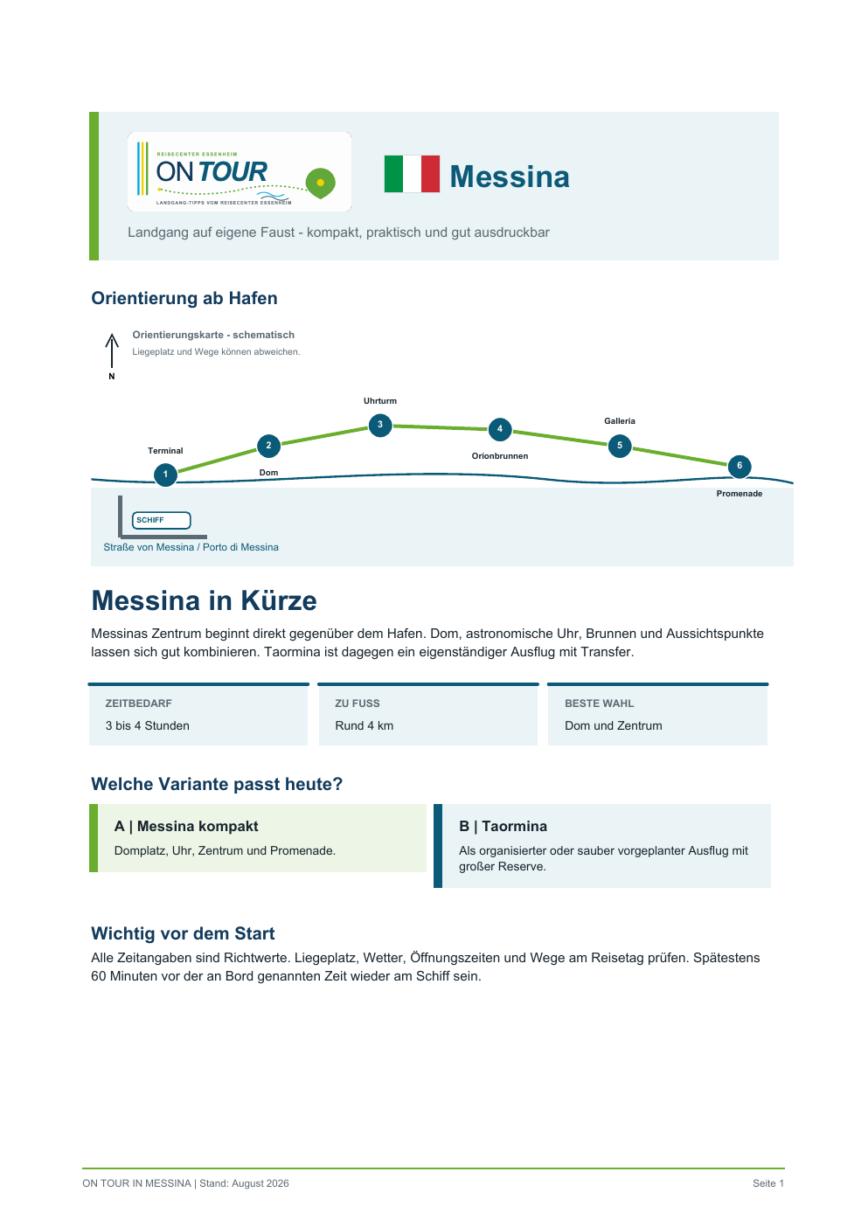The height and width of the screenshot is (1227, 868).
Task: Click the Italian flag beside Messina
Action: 412,174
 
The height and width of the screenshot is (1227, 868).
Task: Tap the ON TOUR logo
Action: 240,171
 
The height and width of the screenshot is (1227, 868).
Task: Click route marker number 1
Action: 165,475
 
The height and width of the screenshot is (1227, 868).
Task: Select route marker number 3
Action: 379,425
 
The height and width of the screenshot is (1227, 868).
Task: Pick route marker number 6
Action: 740,466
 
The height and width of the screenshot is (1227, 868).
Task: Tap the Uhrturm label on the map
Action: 379,401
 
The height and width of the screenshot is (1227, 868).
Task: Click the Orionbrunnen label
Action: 500,455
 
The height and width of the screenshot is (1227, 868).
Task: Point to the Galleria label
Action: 619,420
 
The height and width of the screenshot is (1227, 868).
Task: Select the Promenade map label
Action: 740,494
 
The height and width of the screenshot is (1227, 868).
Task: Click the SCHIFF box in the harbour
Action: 161,520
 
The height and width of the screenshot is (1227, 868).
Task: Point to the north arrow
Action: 112,350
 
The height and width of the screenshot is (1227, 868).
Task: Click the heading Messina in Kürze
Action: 204,600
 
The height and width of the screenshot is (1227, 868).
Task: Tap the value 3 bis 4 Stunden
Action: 148,725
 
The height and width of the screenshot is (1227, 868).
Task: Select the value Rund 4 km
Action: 365,725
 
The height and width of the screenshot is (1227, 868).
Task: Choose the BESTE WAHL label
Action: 599,704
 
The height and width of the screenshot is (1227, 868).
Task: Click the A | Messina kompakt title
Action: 186,826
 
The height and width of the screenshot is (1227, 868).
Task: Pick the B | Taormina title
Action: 503,826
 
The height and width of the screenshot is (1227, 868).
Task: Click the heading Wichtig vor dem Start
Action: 183,933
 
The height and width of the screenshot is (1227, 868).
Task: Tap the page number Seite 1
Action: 768,1183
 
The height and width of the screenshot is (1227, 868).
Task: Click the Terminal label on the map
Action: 165,451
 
